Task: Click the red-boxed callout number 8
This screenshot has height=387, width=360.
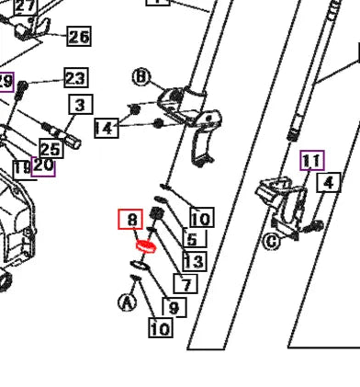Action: [132, 220]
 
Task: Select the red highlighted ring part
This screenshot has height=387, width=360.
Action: [145, 246]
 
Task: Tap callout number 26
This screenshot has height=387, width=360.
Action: [79, 37]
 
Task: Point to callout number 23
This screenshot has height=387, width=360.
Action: [74, 77]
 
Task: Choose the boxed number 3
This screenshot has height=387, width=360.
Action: [79, 106]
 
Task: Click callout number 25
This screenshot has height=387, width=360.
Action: [50, 149]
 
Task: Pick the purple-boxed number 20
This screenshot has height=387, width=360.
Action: [43, 166]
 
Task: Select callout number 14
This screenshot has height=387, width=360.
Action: [106, 128]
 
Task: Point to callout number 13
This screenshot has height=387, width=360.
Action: [192, 262]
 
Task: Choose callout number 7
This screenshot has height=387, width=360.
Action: [186, 284]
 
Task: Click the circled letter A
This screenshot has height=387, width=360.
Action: [127, 301]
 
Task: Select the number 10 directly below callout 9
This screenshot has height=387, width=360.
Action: [161, 328]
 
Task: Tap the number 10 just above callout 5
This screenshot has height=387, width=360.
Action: [200, 219]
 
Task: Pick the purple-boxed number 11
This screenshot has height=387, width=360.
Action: [313, 162]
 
